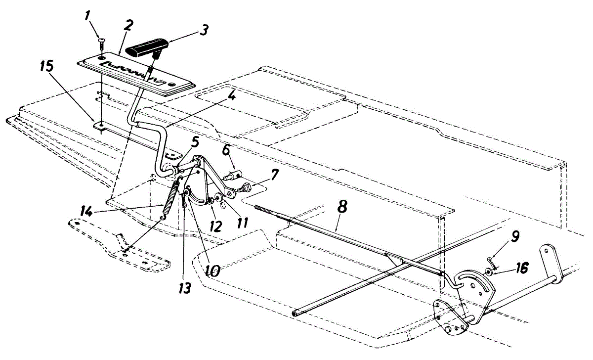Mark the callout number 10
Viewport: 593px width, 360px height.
[x=214, y=270]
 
